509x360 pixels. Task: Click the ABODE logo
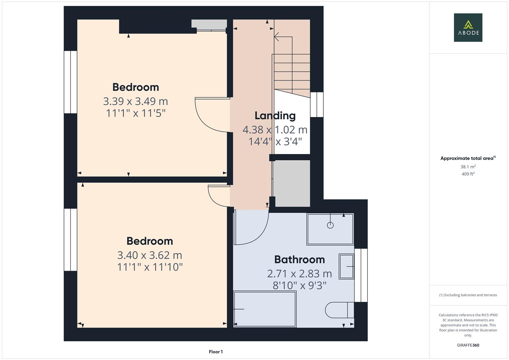(x=468, y=27)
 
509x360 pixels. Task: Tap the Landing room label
(x=275, y=116)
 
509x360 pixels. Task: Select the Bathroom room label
(x=299, y=259)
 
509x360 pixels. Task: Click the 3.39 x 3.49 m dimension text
(x=135, y=101)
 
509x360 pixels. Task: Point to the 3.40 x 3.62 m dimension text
(x=149, y=255)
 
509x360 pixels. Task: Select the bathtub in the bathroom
(x=265, y=309)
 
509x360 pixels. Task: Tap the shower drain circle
(x=330, y=225)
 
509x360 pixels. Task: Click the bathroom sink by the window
(x=346, y=266)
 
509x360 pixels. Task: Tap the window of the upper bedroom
(x=70, y=82)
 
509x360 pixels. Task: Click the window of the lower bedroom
(x=70, y=240)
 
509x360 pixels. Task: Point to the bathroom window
(x=361, y=275)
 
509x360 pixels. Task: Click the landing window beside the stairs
(x=317, y=105)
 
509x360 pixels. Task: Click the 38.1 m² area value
(x=468, y=167)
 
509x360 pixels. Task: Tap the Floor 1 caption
(x=216, y=352)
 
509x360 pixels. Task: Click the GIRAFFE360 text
(x=468, y=345)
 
